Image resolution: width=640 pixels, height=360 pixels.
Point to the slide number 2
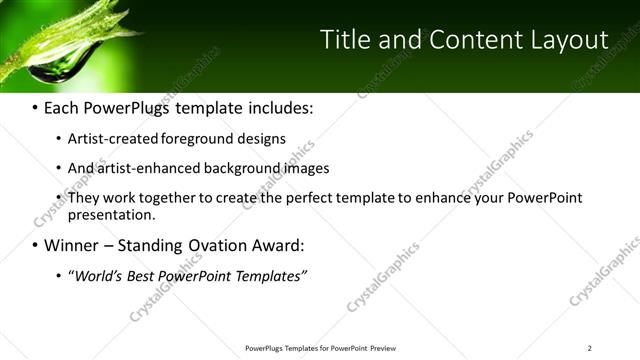589,348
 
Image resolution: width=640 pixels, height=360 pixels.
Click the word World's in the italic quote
98,275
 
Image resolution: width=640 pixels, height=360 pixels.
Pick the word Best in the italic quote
144,275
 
